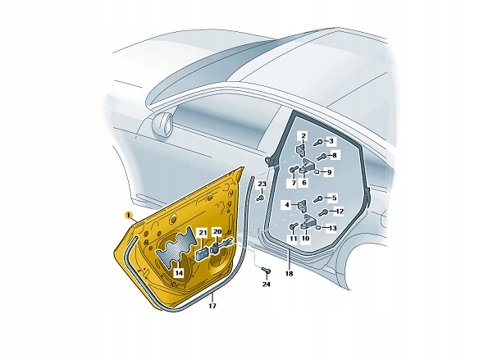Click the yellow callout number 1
click(x=129, y=215)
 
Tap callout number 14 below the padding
click(x=179, y=273)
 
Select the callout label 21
click(x=203, y=233)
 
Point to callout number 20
click(x=217, y=231)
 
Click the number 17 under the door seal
click(x=212, y=306)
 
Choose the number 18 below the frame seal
click(x=289, y=274)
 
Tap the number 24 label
click(x=267, y=285)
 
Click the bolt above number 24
click(x=267, y=271)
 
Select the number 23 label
click(x=262, y=185)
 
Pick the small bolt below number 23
click(x=261, y=198)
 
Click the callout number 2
click(x=303, y=137)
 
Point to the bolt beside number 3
click(x=319, y=142)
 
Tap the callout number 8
click(x=334, y=156)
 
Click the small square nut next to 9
click(x=317, y=172)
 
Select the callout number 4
click(x=287, y=204)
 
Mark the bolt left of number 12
click(x=323, y=212)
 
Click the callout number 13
click(x=333, y=228)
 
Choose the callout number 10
click(x=305, y=239)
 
